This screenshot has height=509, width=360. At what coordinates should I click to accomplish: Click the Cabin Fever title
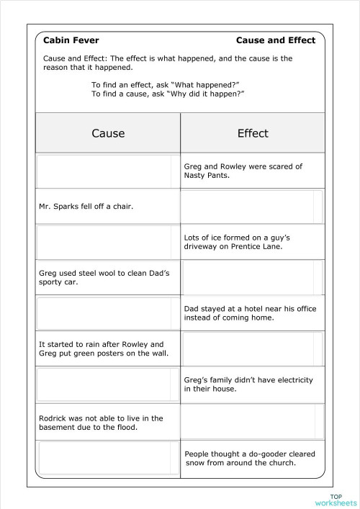pyautogui.click(x=71, y=40)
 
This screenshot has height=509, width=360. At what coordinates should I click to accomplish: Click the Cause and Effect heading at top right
pyautogui.click(x=276, y=40)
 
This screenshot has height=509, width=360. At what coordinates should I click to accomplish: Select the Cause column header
pyautogui.click(x=108, y=133)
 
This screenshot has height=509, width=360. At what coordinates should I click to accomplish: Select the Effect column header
pyautogui.click(x=253, y=133)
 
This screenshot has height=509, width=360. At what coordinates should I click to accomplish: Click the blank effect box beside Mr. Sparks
pyautogui.click(x=251, y=207)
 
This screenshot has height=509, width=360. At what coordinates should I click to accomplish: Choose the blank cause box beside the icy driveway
pyautogui.click(x=107, y=241)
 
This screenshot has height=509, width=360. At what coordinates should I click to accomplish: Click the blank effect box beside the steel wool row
pyautogui.click(x=251, y=277)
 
